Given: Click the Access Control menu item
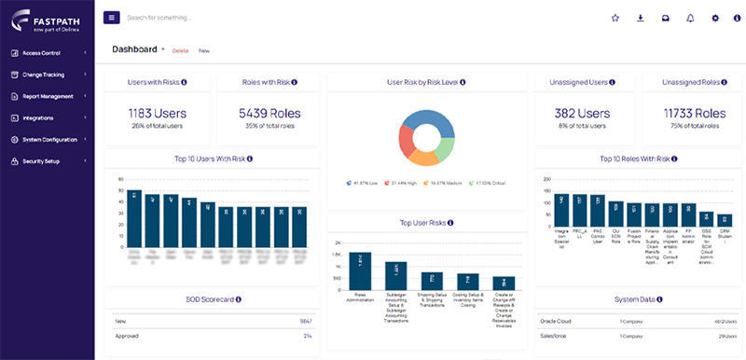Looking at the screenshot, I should (x=43, y=53).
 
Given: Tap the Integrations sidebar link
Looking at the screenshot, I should (x=38, y=118).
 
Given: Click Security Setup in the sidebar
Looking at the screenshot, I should (x=42, y=161).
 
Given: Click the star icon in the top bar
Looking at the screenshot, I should (x=615, y=18).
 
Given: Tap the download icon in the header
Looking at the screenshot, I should (x=640, y=18).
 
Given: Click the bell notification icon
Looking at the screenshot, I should (x=690, y=18).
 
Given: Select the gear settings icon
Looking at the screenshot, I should (x=715, y=18).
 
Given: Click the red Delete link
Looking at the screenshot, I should (x=180, y=50).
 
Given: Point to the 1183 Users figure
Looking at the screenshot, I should (x=156, y=113).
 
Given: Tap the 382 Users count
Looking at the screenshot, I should (x=583, y=113).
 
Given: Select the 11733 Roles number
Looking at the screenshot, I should (x=692, y=113).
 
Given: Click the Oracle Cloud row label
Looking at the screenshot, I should (x=557, y=321).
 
